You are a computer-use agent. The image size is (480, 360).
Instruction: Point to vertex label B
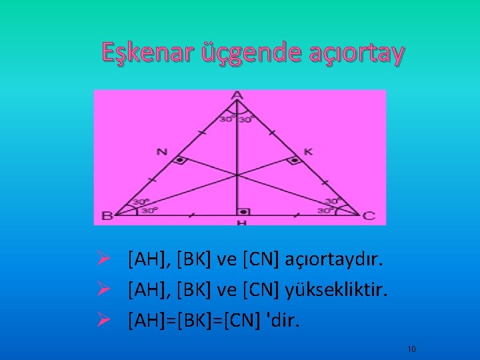pos(107,215)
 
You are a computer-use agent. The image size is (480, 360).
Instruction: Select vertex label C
pos(369,215)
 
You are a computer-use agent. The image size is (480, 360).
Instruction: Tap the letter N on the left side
pos(161,151)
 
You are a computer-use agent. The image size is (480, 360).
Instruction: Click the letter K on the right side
pos(308,151)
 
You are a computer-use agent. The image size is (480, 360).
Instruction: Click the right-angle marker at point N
pos(180,161)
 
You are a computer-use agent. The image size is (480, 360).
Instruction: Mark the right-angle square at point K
pos(293,161)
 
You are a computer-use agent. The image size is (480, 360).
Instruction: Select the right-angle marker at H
pos(244,211)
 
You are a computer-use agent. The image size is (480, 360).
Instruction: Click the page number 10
pos(411,349)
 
